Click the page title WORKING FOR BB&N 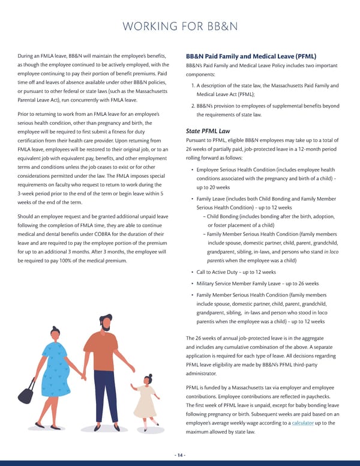[179, 26]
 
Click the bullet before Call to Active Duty [191, 272]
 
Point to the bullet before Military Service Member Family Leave [191, 283]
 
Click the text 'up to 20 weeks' [214, 187]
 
